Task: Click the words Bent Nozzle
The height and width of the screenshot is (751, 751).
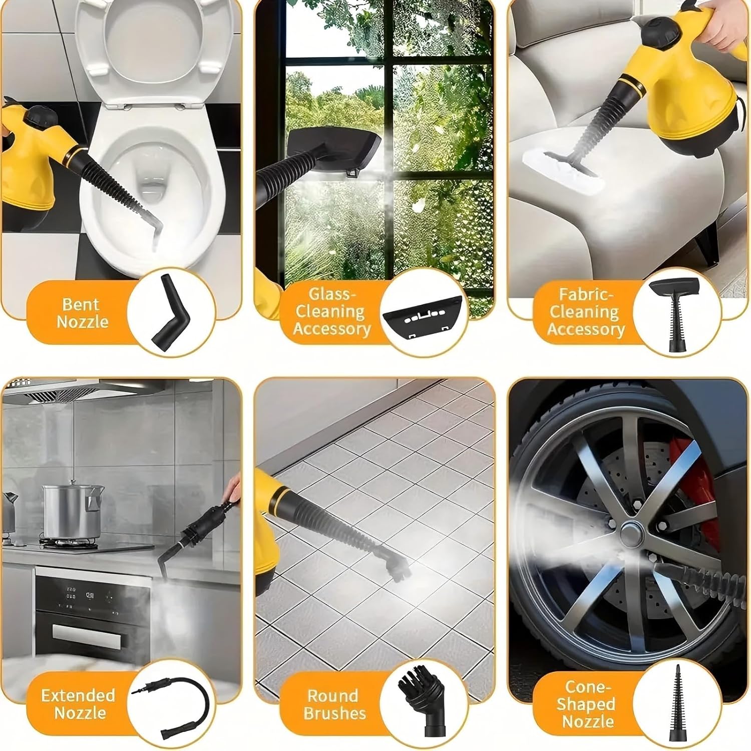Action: [x=82, y=313]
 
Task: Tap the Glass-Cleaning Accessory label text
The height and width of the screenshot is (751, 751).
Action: [x=332, y=311]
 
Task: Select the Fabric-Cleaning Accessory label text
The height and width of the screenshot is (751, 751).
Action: [x=586, y=311]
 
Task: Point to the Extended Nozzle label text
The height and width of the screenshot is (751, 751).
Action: [x=79, y=703]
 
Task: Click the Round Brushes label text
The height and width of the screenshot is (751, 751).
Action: [x=334, y=704]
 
